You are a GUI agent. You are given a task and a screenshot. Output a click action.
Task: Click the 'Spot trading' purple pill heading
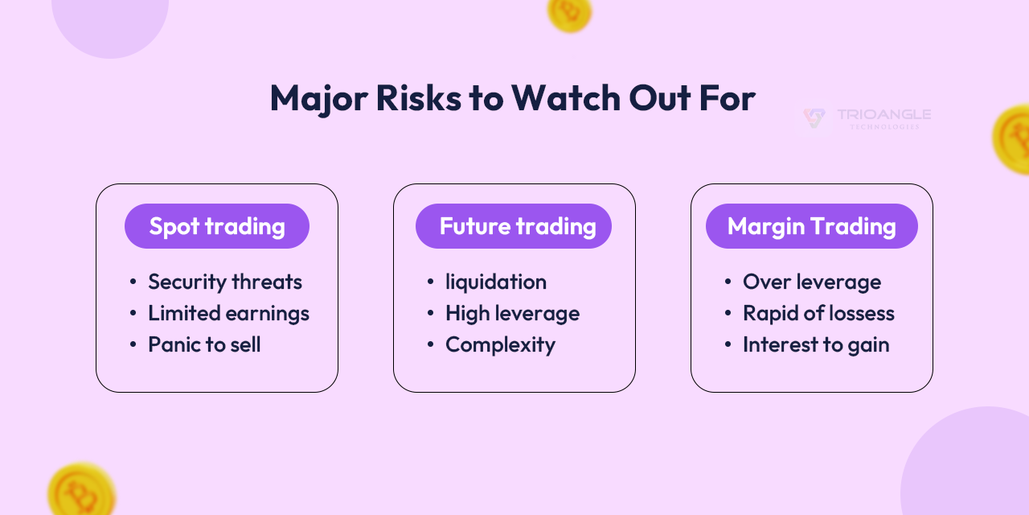[x=217, y=226]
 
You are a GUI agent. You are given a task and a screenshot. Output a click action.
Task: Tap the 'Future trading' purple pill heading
[x=514, y=226]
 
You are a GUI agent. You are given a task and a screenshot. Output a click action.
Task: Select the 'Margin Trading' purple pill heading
[x=812, y=226]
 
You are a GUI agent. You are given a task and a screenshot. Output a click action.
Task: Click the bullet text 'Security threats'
[x=225, y=282]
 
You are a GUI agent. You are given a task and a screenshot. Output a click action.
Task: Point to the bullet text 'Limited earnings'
[x=228, y=313]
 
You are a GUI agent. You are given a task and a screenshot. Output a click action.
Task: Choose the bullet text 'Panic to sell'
[x=204, y=344]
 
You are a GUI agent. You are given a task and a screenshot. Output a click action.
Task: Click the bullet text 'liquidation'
[x=496, y=282]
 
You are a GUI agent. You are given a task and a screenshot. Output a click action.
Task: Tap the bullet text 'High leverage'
[x=512, y=313]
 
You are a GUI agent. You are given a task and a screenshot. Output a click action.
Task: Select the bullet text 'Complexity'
[x=500, y=344]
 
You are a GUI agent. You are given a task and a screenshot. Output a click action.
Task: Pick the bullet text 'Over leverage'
[x=812, y=282]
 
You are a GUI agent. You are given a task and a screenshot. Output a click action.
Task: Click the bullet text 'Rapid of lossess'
[x=818, y=313]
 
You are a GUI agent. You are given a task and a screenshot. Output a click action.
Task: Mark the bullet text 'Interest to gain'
[x=816, y=344]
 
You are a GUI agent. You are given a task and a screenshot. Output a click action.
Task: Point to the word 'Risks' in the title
[x=418, y=98]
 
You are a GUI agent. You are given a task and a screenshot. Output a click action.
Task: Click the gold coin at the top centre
[x=569, y=11]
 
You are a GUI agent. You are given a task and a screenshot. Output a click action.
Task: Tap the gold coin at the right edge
[x=1012, y=139]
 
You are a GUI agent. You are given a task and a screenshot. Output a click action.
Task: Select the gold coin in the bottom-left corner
[x=80, y=491]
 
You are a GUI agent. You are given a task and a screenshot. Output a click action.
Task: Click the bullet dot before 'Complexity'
[x=431, y=345]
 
